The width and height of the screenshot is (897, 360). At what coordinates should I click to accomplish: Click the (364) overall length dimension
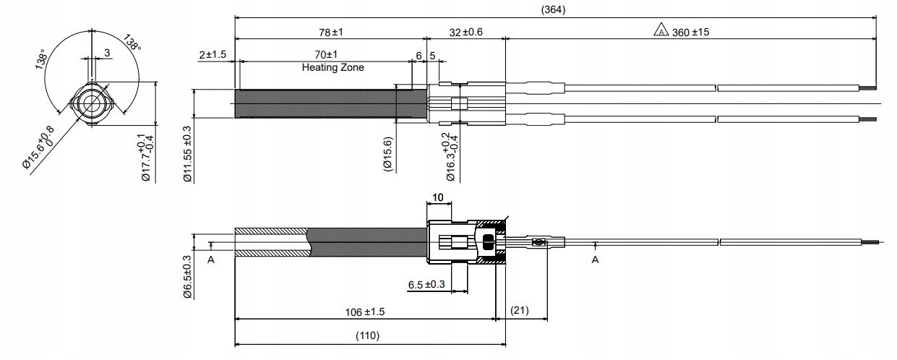click(x=553, y=9)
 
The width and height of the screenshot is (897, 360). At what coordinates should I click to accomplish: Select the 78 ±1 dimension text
click(x=331, y=32)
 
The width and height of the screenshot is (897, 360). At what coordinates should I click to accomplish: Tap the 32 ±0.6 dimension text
click(x=465, y=32)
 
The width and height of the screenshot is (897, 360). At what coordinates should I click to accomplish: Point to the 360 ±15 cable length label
click(x=690, y=32)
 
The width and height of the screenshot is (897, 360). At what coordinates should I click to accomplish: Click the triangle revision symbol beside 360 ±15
click(x=661, y=30)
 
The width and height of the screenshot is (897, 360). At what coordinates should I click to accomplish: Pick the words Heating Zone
click(x=332, y=67)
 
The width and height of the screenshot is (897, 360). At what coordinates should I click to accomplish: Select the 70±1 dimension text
click(x=326, y=54)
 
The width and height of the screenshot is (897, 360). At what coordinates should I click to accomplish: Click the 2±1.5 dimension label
click(x=213, y=54)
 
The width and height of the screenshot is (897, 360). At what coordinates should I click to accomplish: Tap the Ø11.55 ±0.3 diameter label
click(x=188, y=154)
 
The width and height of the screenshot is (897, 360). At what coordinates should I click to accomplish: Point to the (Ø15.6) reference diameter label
click(x=387, y=154)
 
